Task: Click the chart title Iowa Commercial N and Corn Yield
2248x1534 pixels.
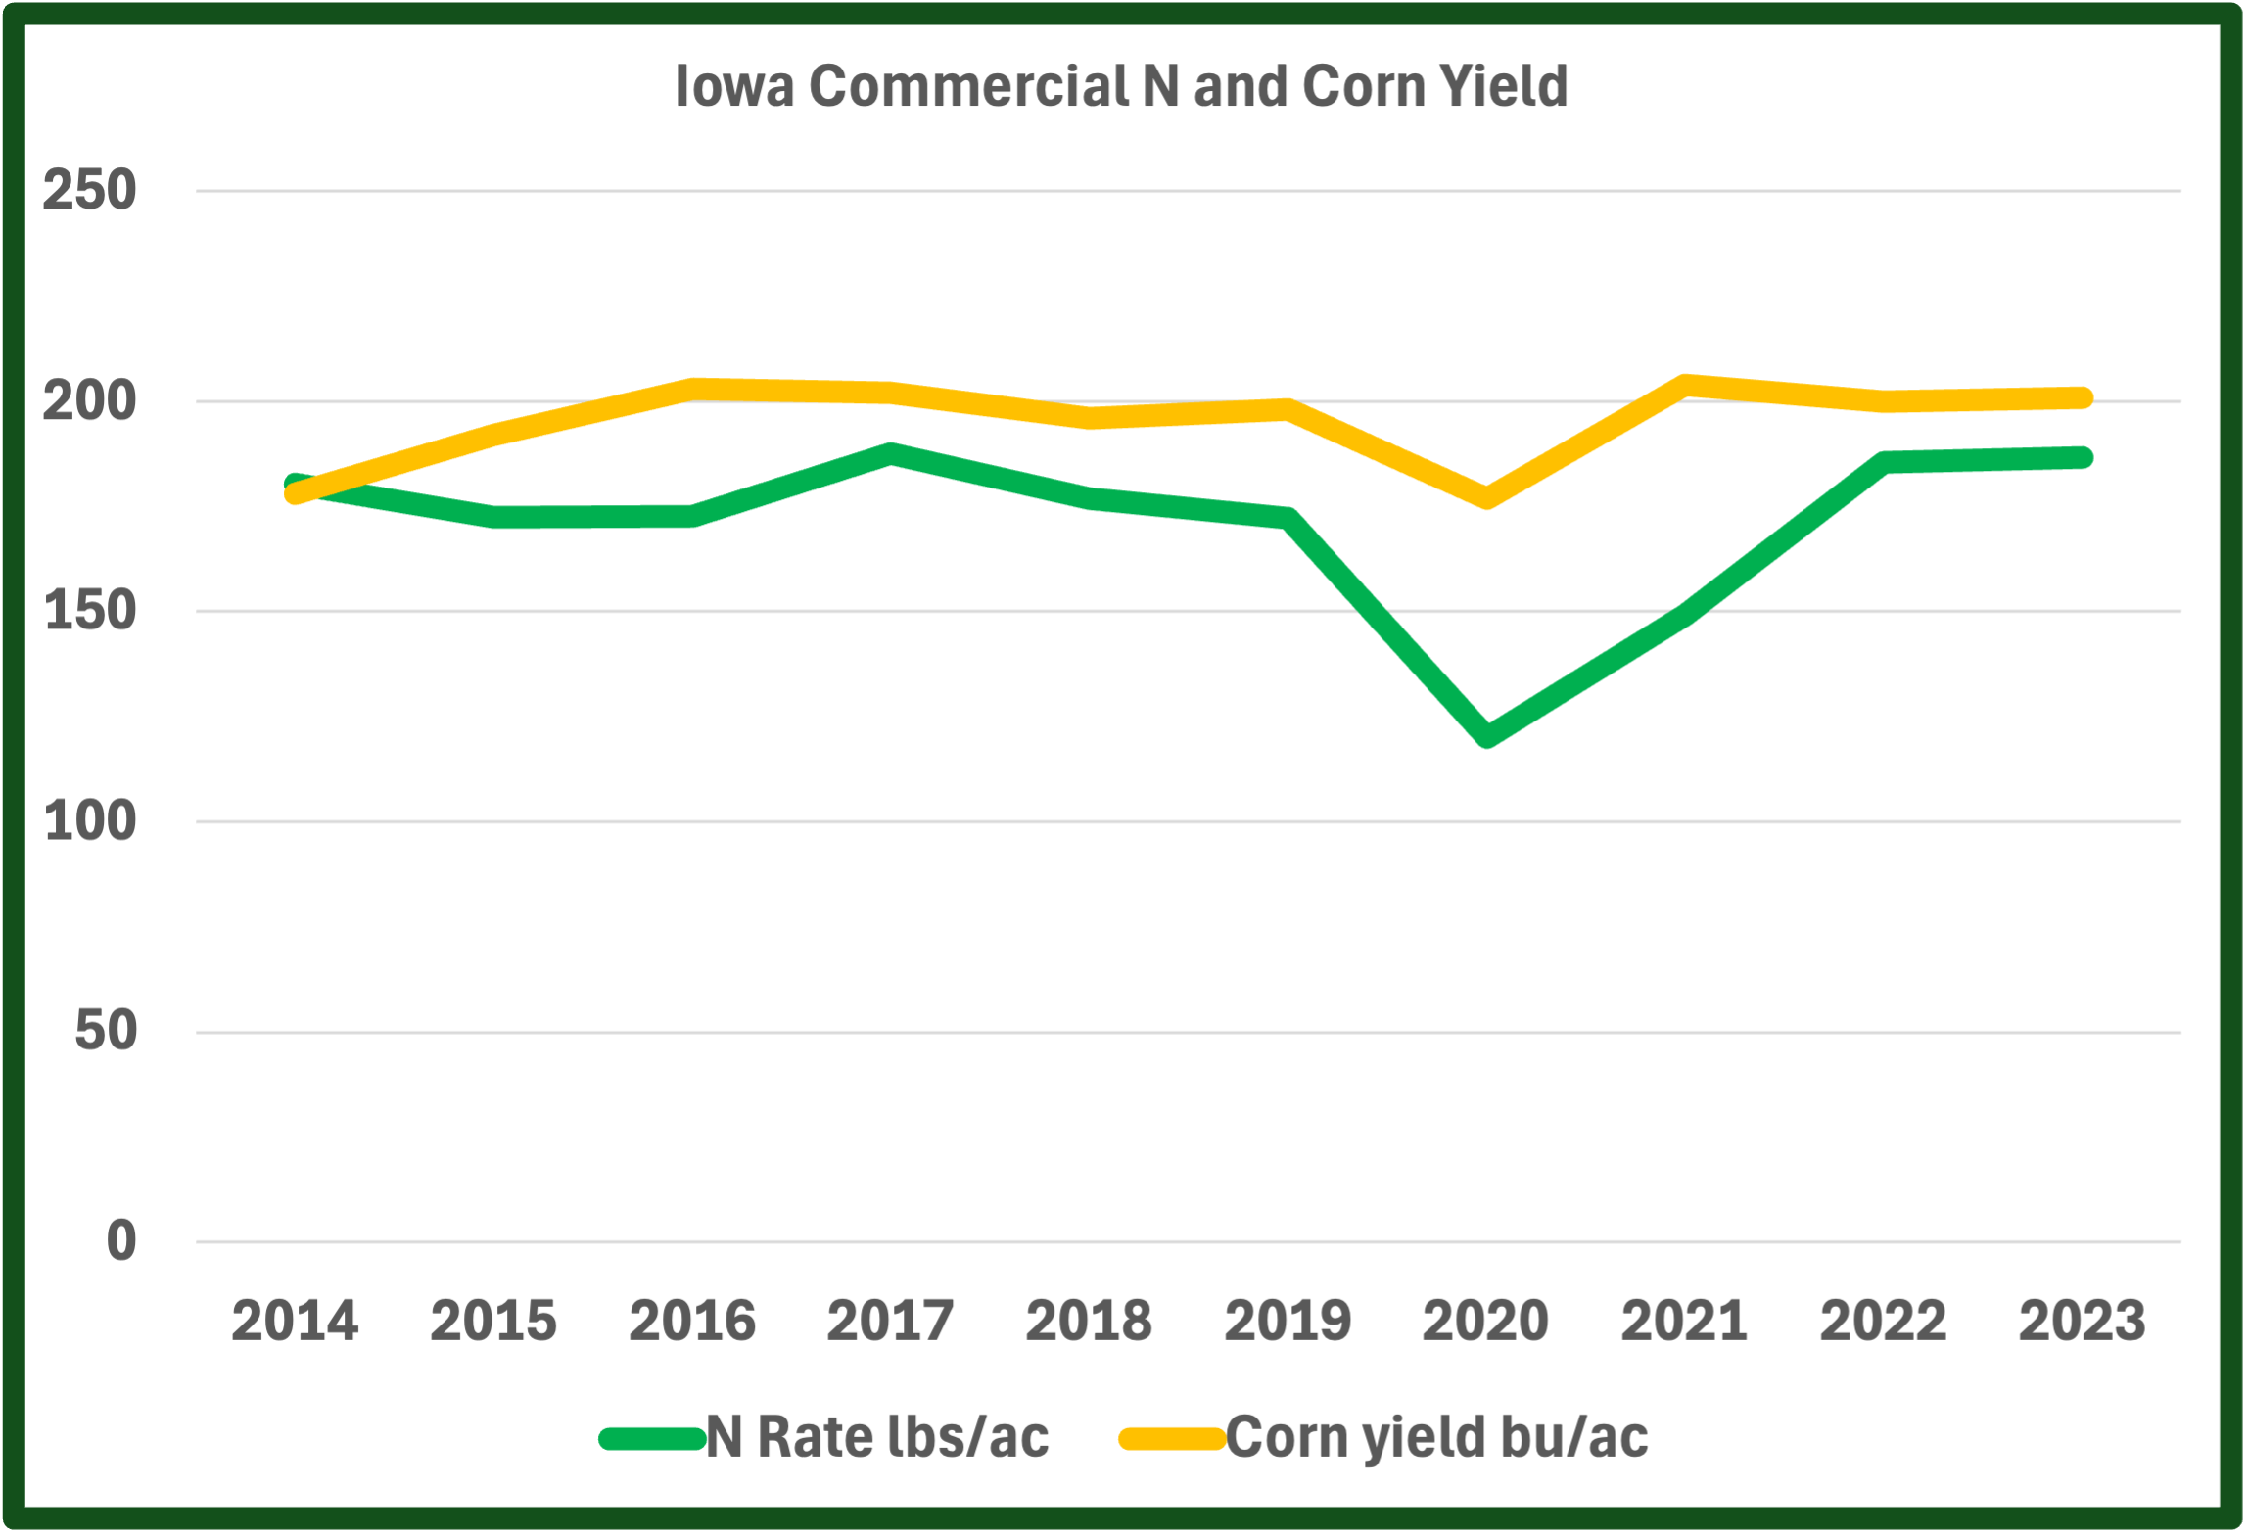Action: (1121, 86)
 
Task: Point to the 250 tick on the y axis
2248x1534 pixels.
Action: (89, 190)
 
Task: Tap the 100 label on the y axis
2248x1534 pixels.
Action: (89, 820)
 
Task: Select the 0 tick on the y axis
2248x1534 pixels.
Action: (120, 1240)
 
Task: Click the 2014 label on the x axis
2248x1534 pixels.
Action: (295, 1321)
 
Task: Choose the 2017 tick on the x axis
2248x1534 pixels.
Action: (890, 1321)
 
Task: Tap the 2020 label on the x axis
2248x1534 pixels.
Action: (1485, 1321)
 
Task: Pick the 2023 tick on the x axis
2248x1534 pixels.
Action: (2082, 1321)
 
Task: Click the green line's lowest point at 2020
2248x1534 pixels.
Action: (1486, 735)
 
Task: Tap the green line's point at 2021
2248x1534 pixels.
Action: (1685, 615)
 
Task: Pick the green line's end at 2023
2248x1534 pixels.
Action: (2082, 457)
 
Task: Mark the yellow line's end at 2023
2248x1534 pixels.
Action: (2082, 397)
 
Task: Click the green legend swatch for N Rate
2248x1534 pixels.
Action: (652, 1438)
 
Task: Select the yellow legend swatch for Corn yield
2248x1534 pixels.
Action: (1172, 1438)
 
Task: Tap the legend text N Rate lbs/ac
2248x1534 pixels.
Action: (877, 1437)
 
